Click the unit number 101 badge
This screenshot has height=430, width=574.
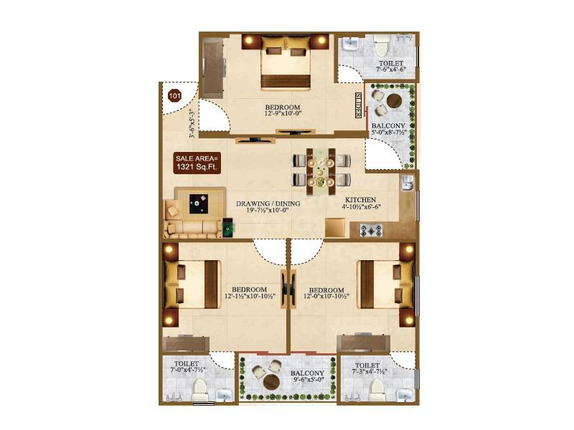click(174, 94)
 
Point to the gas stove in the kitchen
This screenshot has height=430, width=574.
click(372, 230)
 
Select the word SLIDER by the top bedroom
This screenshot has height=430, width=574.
click(358, 105)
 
